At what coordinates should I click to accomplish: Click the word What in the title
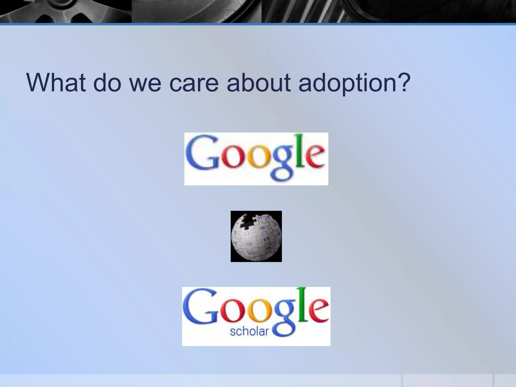(x=56, y=83)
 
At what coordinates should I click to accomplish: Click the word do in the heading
(x=107, y=83)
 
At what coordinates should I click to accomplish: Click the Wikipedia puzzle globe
(x=256, y=237)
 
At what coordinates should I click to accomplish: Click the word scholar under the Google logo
(x=249, y=331)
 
